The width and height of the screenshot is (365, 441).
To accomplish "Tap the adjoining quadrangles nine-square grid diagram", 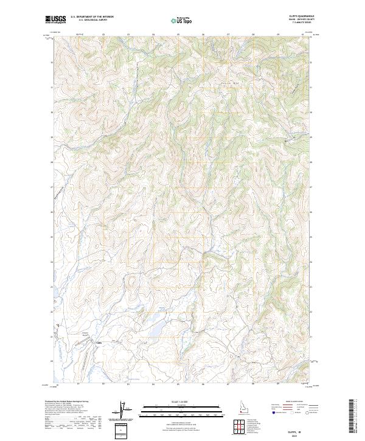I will [x=238, y=426].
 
